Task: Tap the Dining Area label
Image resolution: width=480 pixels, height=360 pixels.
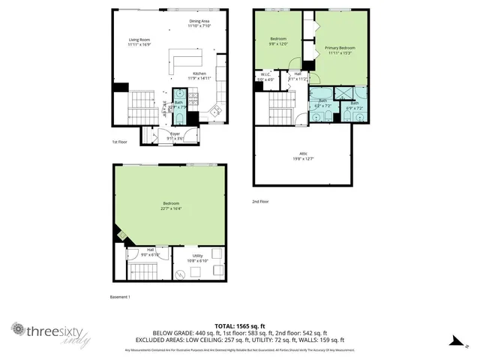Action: pyautogui.click(x=199, y=23)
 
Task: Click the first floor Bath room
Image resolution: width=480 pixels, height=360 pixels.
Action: pyautogui.click(x=179, y=105)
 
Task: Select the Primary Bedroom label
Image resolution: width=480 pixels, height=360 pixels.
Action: pyautogui.click(x=340, y=50)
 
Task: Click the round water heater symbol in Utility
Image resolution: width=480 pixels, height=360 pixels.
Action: pyautogui.click(x=181, y=274)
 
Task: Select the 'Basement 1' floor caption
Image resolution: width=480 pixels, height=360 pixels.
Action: pyautogui.click(x=120, y=297)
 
